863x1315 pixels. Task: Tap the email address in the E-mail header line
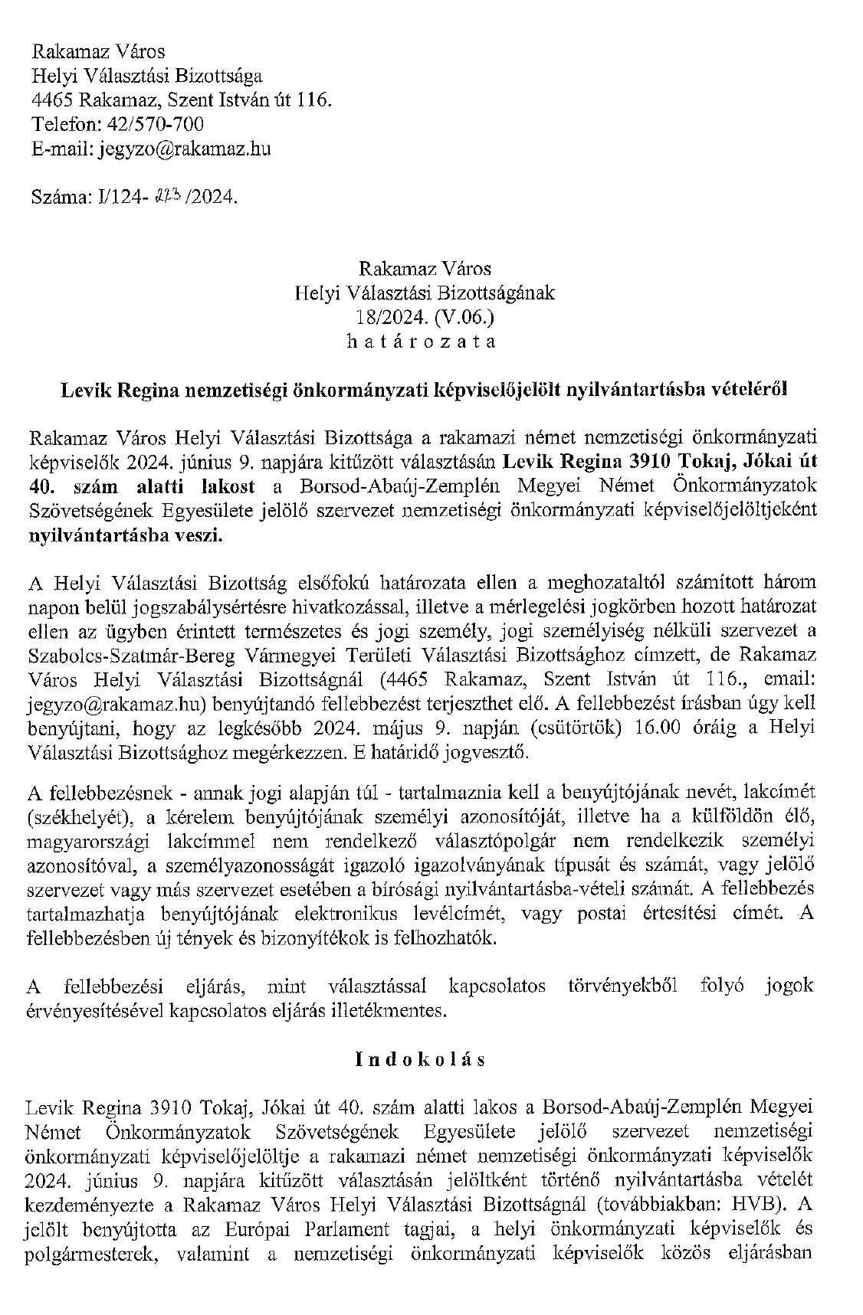coord(184,149)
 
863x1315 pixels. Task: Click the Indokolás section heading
coord(421,1059)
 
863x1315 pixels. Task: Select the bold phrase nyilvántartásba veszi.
coord(125,535)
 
